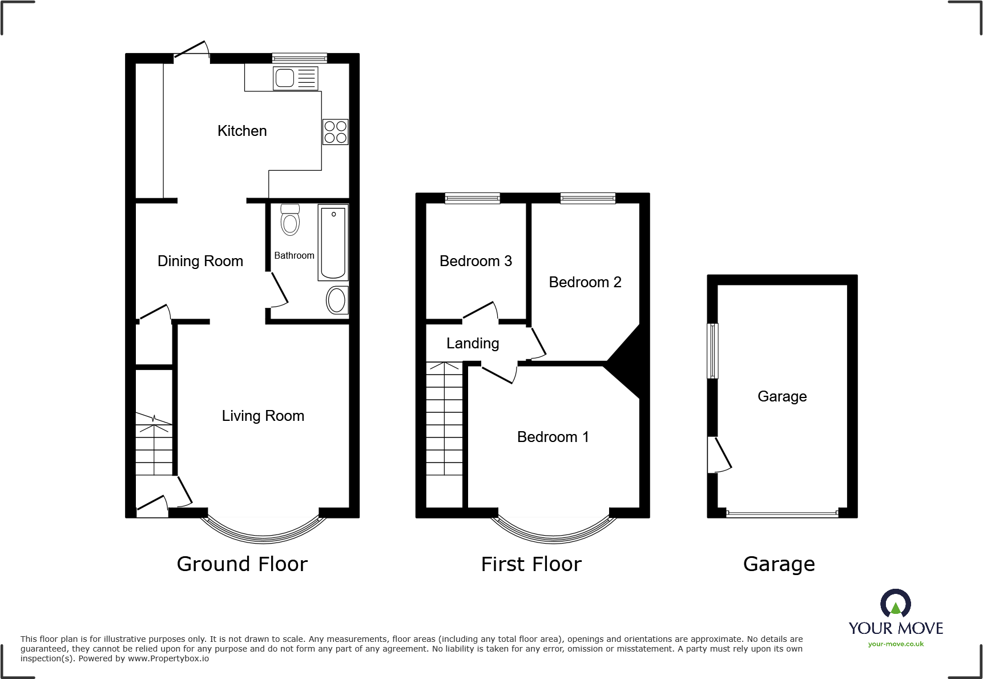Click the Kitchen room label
[242, 131]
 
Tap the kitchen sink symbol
[295, 78]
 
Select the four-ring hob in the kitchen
[335, 132]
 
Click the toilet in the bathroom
[290, 220]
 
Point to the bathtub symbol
[333, 243]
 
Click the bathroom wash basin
[337, 300]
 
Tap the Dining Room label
[200, 261]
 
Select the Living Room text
[263, 416]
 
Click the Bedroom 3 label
[476, 261]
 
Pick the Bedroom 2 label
[585, 282]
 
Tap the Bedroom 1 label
[553, 437]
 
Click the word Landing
[473, 343]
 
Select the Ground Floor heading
[242, 564]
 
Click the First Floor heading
[531, 564]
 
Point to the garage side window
[712, 351]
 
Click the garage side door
[718, 455]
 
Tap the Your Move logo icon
[895, 603]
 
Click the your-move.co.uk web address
[896, 644]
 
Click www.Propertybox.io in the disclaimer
[168, 658]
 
